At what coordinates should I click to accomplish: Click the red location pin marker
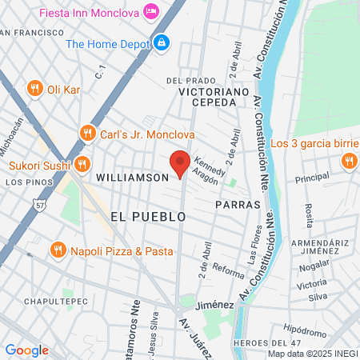[x=180, y=162]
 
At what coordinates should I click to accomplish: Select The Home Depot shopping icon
[x=162, y=42]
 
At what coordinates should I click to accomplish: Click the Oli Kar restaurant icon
[x=34, y=88]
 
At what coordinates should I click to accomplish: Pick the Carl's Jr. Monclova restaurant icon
[x=87, y=132]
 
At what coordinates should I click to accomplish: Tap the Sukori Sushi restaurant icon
[x=81, y=166]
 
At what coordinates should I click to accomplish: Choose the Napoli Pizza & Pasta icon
[x=58, y=250]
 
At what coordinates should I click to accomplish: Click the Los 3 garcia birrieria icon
[x=347, y=162]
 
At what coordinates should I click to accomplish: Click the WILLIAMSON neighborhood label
[x=131, y=176]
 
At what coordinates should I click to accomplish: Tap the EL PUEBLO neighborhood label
[x=148, y=217]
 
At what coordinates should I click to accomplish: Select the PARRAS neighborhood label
[x=238, y=204]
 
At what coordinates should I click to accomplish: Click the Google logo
[x=26, y=350]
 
